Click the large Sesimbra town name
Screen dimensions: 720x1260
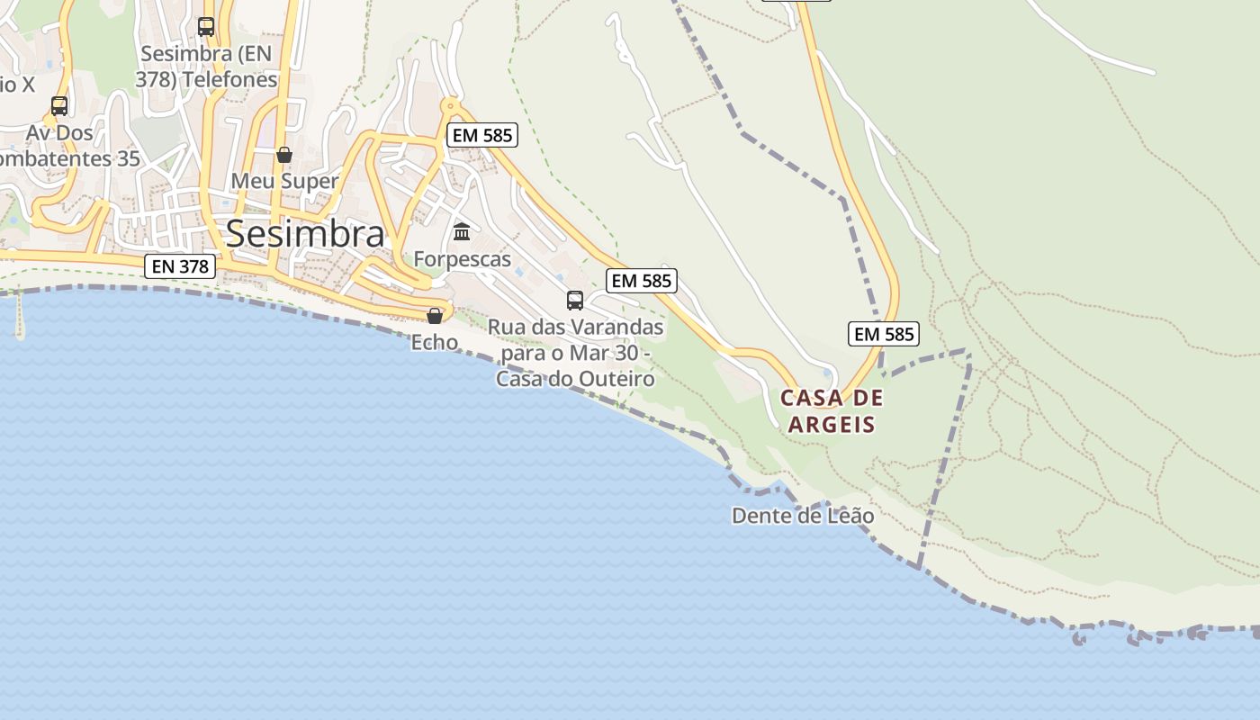[305, 233]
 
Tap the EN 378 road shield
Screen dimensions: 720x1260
[180, 266]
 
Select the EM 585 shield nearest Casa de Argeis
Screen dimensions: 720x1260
[883, 334]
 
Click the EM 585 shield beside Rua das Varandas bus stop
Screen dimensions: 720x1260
[641, 281]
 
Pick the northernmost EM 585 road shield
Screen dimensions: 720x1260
[481, 136]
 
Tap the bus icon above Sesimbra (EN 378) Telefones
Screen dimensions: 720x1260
[206, 26]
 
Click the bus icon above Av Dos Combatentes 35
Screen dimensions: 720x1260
[59, 105]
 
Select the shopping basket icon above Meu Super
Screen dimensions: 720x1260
[284, 155]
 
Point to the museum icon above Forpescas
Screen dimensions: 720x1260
[462, 232]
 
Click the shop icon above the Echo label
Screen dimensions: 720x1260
[435, 315]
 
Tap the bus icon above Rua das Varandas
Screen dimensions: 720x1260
[575, 300]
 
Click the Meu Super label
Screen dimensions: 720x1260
[284, 181]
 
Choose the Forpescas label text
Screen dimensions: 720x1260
[462, 260]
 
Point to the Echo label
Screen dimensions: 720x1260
[435, 342]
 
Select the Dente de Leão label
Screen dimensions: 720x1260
[803, 516]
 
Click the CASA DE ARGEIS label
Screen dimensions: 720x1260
[832, 410]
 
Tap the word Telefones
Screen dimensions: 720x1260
[231, 80]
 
